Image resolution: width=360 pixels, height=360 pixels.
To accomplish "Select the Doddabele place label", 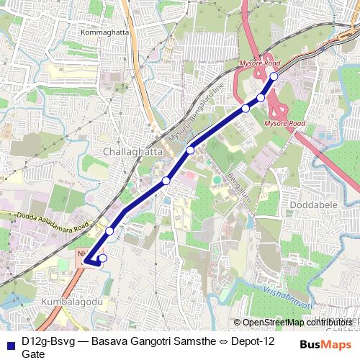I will [x=310, y=205].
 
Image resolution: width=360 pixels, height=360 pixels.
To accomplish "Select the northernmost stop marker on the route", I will [x=274, y=76].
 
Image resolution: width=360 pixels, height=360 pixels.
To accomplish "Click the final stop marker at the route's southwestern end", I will [x=102, y=258].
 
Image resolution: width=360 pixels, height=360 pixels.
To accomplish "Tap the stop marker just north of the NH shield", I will [x=109, y=231].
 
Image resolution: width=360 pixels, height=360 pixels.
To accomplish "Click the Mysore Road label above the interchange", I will [x=260, y=63].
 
